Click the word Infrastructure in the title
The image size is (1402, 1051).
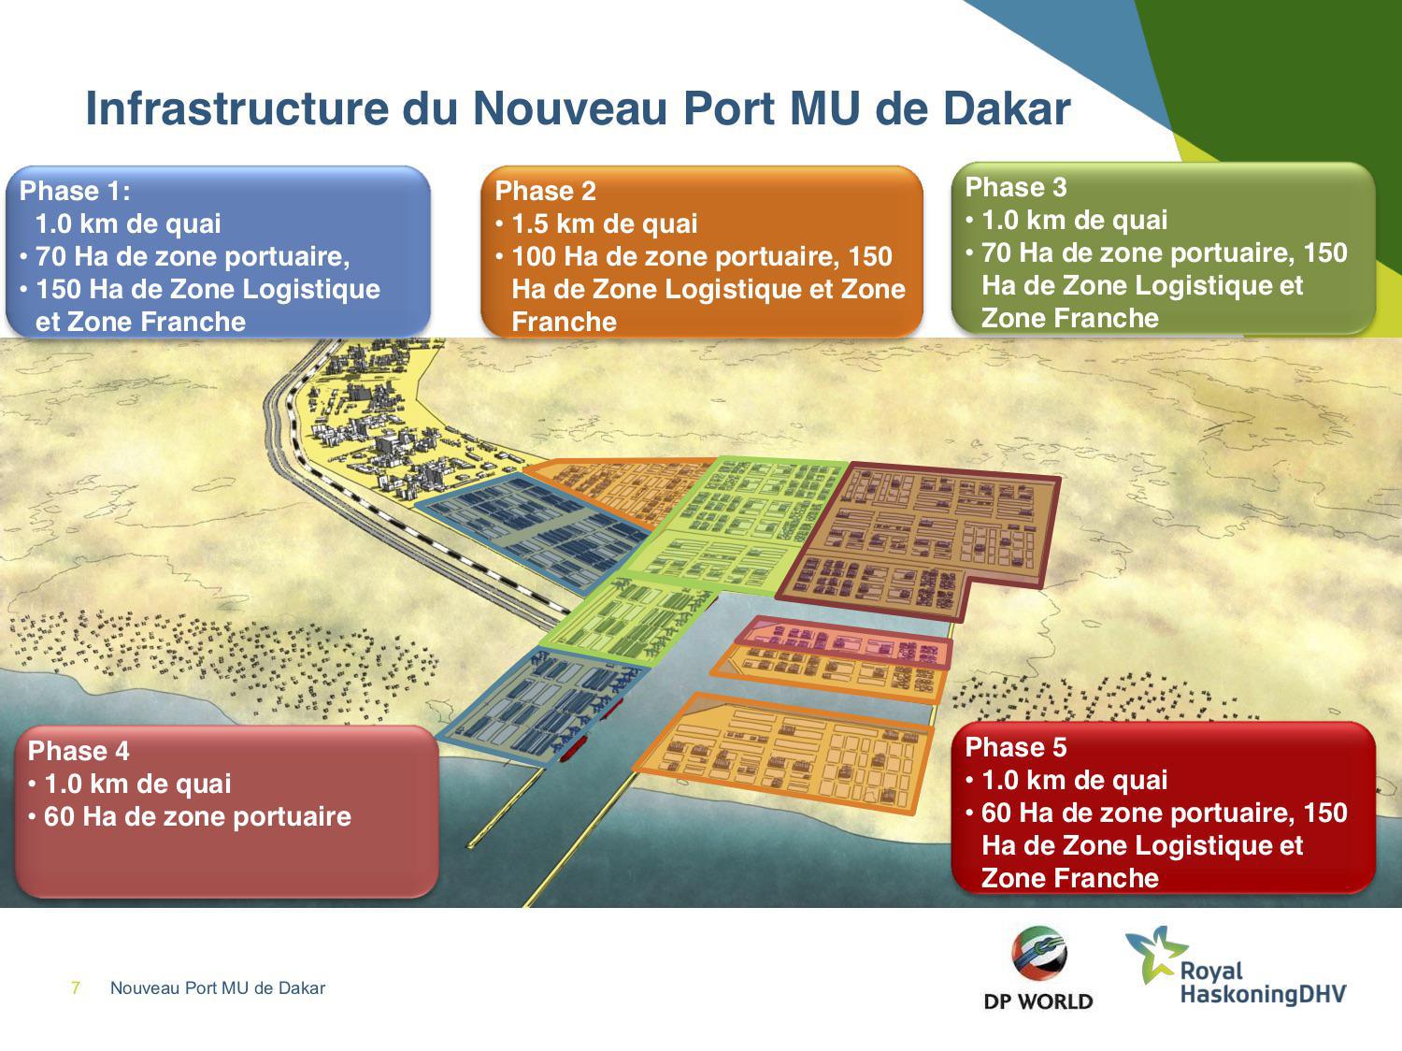coord(237,108)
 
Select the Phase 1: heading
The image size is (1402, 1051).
coord(75,191)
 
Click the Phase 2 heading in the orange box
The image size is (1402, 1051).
coord(545,191)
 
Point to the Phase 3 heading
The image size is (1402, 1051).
coord(1016,187)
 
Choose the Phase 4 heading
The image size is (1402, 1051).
coord(79,751)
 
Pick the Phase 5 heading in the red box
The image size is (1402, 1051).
coord(1016,747)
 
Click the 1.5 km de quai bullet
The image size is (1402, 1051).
coord(604,223)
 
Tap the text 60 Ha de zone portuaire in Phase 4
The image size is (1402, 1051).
coord(197,816)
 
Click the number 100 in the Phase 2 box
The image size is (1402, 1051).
coord(535,256)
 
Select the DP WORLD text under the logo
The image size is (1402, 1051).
coord(1037,1001)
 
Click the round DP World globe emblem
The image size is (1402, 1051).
coord(1038,954)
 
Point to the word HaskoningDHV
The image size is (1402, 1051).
coord(1263,995)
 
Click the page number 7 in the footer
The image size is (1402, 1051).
coord(76,988)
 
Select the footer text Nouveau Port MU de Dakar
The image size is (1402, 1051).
coord(218,988)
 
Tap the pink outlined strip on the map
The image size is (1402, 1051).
coord(842,642)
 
